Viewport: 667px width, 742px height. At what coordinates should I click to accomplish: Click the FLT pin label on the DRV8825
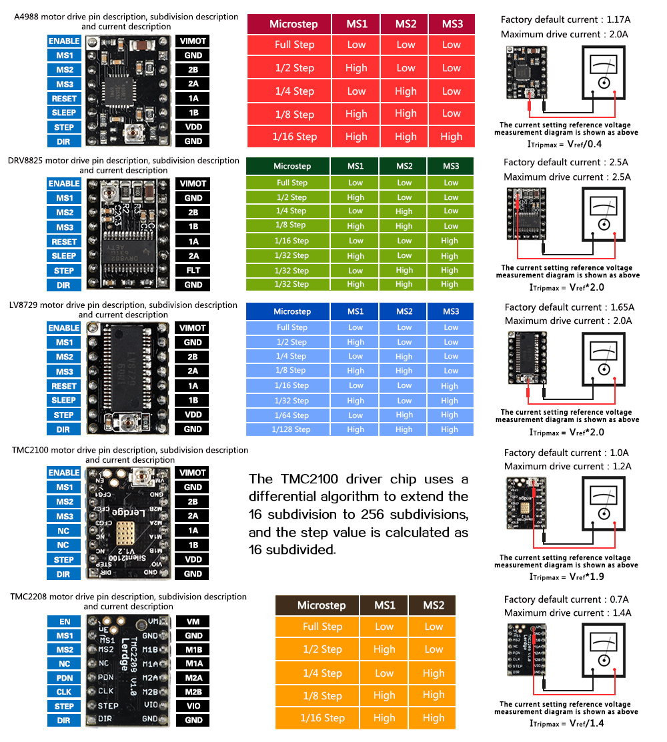point(193,270)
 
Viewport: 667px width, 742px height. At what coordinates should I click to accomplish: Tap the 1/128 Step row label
point(291,429)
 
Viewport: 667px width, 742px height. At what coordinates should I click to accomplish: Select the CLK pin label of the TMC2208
point(64,692)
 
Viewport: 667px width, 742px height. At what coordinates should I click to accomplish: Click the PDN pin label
point(64,678)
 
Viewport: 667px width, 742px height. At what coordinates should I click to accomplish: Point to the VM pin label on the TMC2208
point(193,621)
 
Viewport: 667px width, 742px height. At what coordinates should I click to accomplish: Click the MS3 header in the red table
point(452,24)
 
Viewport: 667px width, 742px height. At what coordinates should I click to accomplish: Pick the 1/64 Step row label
point(291,415)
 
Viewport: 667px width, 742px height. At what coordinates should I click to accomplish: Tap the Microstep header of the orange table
point(321,605)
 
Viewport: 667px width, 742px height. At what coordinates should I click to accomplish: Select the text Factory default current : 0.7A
point(567,599)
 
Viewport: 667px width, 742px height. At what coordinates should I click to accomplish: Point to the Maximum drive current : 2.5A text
point(567,177)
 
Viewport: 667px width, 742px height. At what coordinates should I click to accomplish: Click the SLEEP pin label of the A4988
point(64,113)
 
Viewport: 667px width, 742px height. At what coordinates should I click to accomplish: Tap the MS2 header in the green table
point(404,166)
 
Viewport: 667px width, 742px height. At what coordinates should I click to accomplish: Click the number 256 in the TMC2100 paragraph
point(363,514)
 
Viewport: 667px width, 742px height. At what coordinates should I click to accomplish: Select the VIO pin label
point(193,706)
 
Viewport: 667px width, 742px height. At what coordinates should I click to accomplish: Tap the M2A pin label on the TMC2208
point(193,677)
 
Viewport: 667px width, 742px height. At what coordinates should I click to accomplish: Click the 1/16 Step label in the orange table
point(322,718)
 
